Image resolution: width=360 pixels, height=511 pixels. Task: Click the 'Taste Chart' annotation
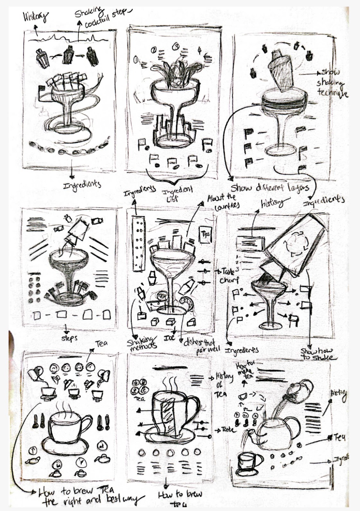tap(225, 276)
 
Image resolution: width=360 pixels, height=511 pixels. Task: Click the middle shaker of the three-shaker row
tap(68, 55)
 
